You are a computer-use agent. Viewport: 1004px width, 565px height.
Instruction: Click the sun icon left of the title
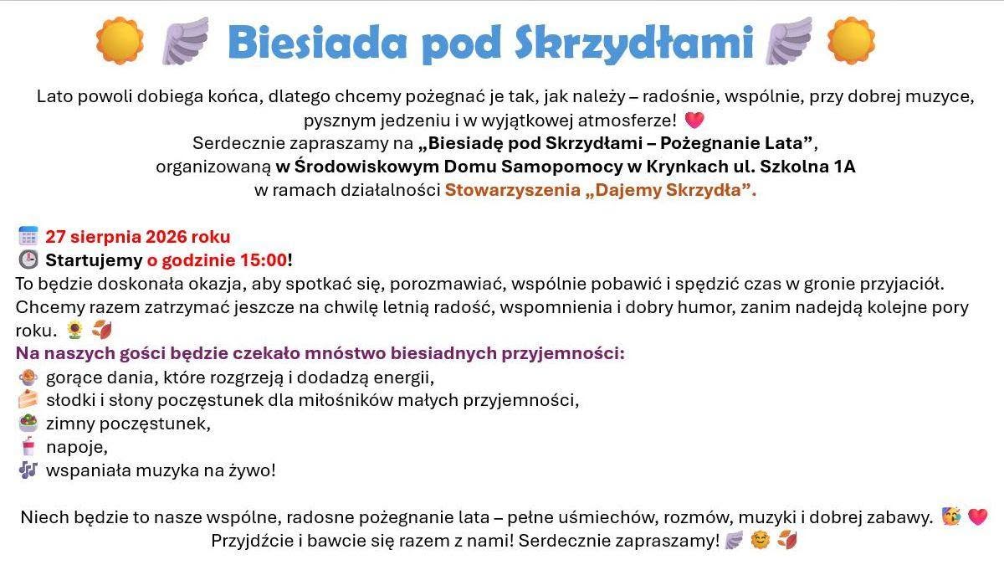(120, 40)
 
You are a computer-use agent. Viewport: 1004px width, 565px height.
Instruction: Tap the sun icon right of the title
(851, 40)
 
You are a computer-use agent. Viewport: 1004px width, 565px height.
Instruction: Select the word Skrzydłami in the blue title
(634, 42)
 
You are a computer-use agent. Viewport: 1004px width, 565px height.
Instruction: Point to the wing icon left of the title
(186, 40)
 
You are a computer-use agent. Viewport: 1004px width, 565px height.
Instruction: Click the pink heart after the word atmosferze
(694, 120)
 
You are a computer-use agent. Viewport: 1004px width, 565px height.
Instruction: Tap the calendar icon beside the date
(28, 236)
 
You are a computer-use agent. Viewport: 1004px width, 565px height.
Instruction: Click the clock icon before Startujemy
(28, 259)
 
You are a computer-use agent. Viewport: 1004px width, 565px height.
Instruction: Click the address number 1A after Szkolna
(844, 167)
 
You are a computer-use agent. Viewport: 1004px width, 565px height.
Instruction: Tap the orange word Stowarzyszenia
(513, 190)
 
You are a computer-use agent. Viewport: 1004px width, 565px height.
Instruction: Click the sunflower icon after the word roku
(74, 331)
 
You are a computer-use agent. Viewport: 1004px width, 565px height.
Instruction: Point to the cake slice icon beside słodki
(28, 399)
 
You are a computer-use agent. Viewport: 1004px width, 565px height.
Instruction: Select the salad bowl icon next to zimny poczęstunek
(28, 423)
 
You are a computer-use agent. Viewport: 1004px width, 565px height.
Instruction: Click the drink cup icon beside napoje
(28, 446)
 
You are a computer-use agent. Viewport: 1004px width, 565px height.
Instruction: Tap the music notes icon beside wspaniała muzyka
(28, 470)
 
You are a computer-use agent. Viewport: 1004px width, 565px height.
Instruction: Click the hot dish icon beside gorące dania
(28, 378)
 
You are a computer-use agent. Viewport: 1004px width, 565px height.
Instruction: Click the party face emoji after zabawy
(950, 516)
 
